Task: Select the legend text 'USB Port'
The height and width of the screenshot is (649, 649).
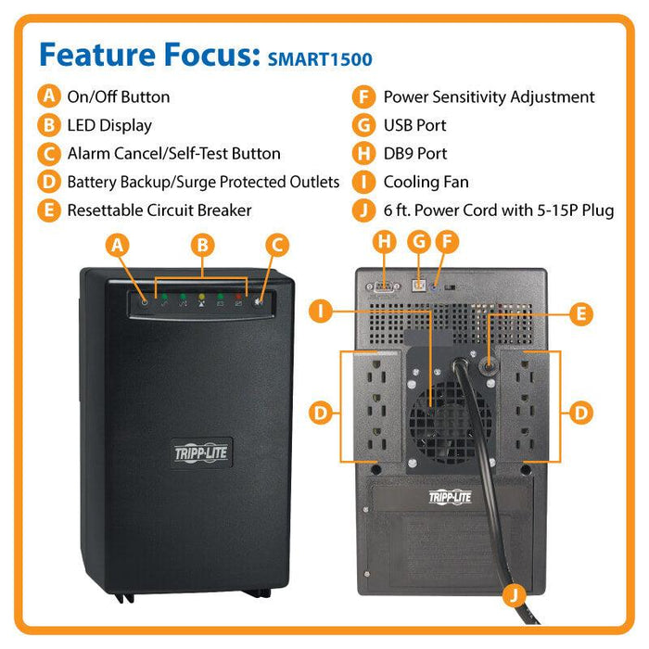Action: click(414, 125)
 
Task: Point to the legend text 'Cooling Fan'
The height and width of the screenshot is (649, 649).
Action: click(426, 182)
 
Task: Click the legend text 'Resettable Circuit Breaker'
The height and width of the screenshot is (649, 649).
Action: click(159, 210)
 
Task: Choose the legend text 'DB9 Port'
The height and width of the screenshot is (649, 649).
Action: click(414, 154)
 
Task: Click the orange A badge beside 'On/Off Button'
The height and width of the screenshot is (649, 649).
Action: click(49, 96)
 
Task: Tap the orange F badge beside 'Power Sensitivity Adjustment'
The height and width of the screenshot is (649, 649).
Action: click(365, 96)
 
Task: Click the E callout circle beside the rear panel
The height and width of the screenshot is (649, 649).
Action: click(580, 313)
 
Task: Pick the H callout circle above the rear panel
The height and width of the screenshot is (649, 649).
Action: click(384, 243)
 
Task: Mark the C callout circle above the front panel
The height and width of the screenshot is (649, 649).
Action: click(274, 245)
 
